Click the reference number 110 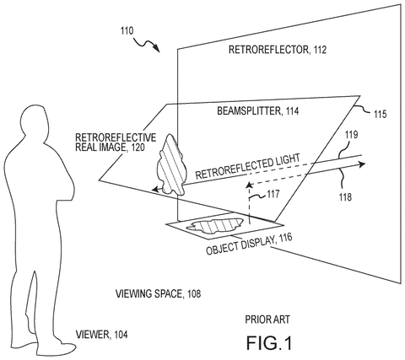(x=127, y=30)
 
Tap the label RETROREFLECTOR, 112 (x=278, y=50)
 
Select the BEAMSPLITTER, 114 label (x=257, y=111)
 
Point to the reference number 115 (x=380, y=115)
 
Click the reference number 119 (x=352, y=135)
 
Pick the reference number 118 (x=345, y=197)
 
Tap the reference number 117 (x=273, y=194)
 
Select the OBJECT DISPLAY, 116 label (x=249, y=244)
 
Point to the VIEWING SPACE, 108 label (x=158, y=293)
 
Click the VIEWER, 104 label (x=101, y=335)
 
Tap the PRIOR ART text (x=267, y=320)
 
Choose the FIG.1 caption (x=269, y=343)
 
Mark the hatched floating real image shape (x=171, y=166)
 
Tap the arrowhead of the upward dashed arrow (x=249, y=185)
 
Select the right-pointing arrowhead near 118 (x=362, y=164)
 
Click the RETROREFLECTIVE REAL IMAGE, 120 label (x=116, y=142)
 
